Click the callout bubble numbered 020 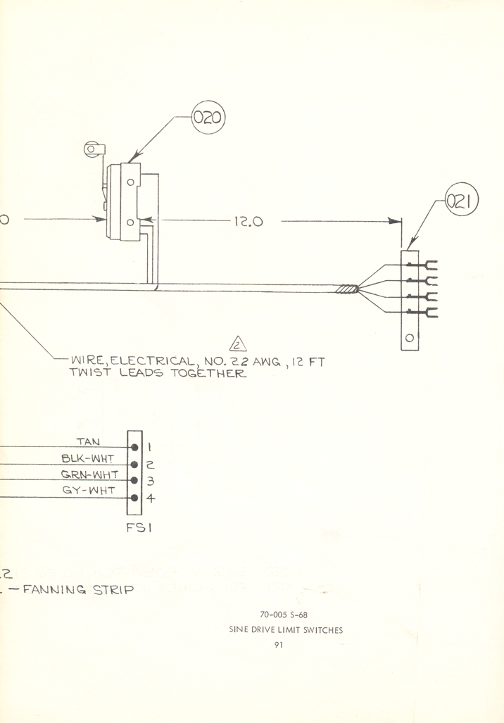pos(208,118)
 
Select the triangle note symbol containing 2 pos(237,344)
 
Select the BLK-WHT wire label pos(88,458)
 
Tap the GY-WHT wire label pos(89,491)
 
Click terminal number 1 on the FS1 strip pos(149,446)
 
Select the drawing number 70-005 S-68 pos(284,615)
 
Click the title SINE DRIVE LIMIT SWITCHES pos(285,630)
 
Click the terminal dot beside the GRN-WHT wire pos(134,481)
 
